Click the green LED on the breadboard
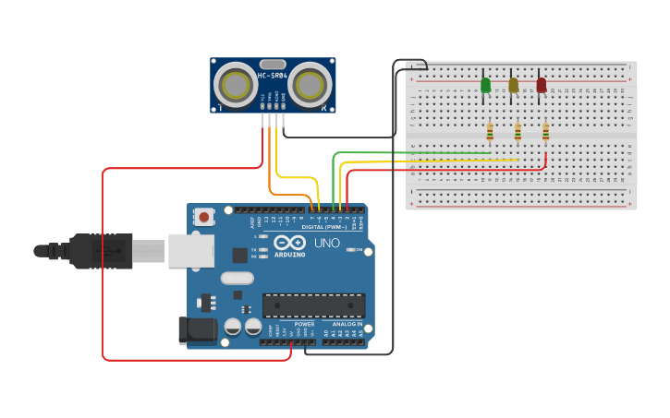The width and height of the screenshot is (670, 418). [x=485, y=85]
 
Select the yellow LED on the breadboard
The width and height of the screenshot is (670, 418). [x=513, y=85]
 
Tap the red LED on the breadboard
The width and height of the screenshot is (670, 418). [x=541, y=85]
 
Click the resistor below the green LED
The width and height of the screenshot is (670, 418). [x=490, y=133]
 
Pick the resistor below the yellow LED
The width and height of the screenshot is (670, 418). [x=518, y=133]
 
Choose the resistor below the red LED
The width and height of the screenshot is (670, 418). [x=545, y=133]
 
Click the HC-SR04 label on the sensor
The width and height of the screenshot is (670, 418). [x=273, y=75]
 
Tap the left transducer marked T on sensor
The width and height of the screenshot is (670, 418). [x=237, y=85]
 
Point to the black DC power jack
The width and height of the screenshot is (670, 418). [x=198, y=330]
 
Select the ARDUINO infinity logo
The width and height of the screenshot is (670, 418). [x=289, y=243]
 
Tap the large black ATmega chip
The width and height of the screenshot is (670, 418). [x=313, y=305]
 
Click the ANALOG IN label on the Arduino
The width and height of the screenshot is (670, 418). [x=347, y=325]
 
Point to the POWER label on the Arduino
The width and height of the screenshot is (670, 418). [x=304, y=325]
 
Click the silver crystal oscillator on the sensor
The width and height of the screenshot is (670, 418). [x=273, y=65]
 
